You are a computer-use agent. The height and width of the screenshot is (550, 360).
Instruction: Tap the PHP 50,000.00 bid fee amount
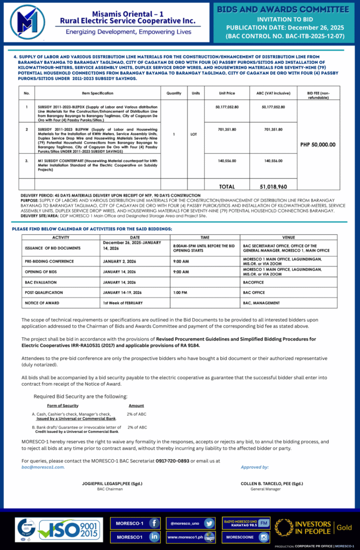318,144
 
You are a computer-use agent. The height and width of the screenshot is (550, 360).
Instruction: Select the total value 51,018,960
275,186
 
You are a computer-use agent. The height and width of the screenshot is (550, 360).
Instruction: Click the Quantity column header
174,93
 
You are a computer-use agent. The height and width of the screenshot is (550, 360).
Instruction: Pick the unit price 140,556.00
228,161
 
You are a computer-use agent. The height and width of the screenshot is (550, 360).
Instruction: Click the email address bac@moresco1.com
43,467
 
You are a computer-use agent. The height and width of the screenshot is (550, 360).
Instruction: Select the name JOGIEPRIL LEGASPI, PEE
112,483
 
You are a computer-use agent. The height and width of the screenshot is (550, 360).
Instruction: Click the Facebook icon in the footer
154,523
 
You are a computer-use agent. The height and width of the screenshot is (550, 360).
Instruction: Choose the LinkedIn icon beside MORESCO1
154,537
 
